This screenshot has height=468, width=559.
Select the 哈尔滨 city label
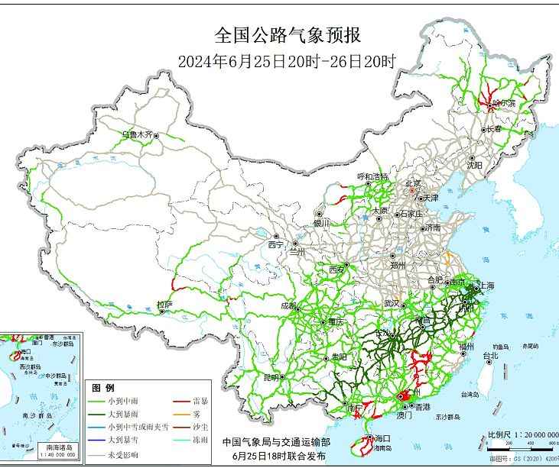pos(504,102)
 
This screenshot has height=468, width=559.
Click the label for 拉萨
pos(164,305)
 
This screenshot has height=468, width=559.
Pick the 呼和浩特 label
pos(373,176)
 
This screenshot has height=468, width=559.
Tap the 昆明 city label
pos(271,377)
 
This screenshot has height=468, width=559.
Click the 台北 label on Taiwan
pos(489,355)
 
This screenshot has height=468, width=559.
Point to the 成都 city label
pos(289,306)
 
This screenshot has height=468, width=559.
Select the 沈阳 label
pos(475,164)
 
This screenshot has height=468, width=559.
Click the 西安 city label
pos(337,270)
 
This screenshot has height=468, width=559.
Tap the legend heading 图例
pos(102,388)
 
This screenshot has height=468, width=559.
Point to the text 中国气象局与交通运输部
pos(276,442)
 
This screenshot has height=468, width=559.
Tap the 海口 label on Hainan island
pos(383,438)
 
